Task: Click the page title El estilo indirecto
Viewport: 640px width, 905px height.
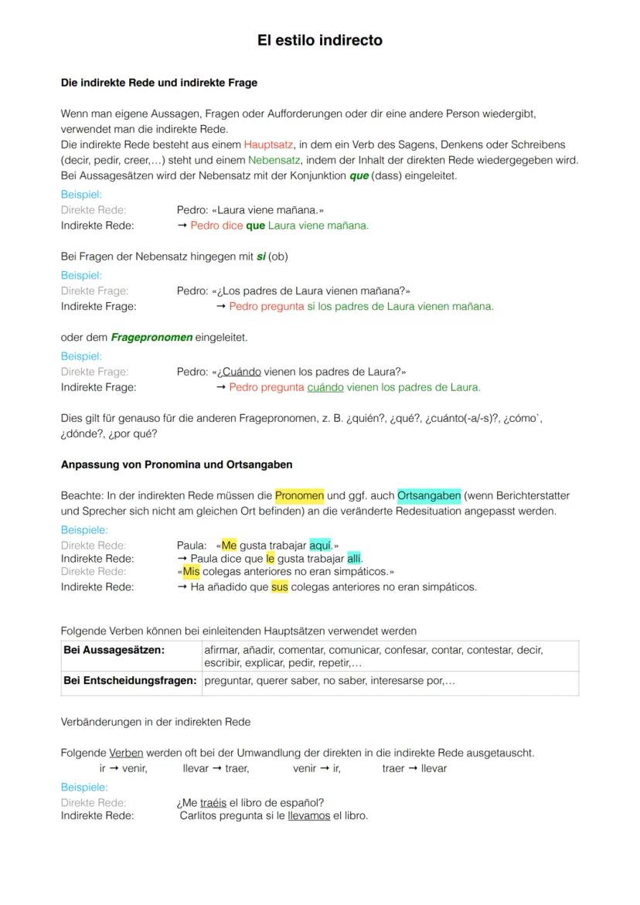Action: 319,40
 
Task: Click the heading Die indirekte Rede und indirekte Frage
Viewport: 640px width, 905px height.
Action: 159,83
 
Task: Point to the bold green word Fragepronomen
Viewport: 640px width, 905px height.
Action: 151,338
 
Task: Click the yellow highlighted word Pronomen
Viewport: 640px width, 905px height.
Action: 299,495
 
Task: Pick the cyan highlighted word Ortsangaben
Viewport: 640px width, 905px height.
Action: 429,495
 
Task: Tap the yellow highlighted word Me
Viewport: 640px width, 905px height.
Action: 229,545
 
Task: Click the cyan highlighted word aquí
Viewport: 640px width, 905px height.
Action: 320,545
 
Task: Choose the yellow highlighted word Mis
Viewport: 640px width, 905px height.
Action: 191,572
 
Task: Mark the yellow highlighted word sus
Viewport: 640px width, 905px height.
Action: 279,587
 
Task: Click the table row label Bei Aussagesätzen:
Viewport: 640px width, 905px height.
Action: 114,650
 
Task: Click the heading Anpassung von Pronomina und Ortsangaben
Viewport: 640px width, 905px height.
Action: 176,465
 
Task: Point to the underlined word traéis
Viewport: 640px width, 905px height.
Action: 213,803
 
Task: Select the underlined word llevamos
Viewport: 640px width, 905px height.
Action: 308,815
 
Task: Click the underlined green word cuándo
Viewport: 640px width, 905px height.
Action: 325,387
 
